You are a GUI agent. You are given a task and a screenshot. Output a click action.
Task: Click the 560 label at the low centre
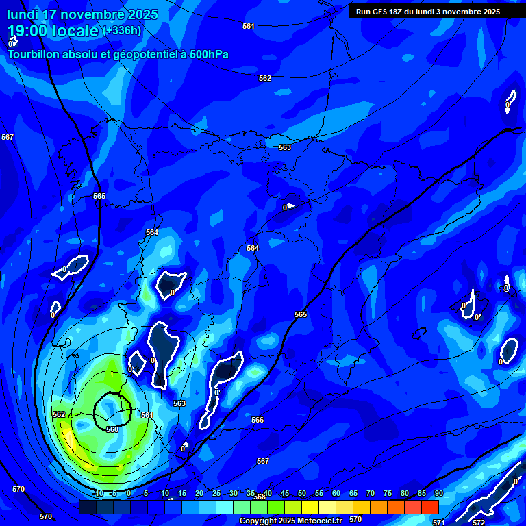pos(112,429)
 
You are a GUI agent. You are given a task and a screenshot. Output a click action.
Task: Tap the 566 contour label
pos(258,420)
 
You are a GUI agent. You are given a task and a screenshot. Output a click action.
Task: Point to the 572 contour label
pos(479,522)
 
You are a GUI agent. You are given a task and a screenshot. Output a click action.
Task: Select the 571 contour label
pos(439,523)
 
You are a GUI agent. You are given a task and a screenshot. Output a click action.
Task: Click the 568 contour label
pos(260,497)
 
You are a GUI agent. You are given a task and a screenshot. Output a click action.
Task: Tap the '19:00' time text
pos(27,31)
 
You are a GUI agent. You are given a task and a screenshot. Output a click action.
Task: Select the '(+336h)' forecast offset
pos(122,30)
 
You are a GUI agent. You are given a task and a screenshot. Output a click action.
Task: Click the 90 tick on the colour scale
pos(438,493)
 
